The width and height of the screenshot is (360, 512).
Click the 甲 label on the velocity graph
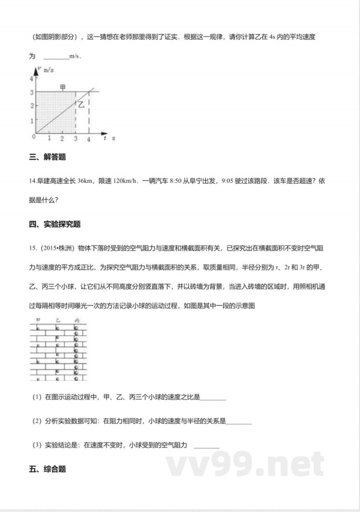63,87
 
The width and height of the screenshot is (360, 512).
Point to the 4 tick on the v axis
31,78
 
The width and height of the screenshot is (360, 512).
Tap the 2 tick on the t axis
62,139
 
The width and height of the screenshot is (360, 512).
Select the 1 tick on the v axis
31,121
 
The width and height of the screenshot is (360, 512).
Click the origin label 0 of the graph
33,136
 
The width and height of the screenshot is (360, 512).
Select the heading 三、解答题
47,157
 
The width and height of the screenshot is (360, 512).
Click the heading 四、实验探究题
54,224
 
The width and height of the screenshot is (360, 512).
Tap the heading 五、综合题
47,469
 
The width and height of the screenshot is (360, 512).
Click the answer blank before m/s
56,57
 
